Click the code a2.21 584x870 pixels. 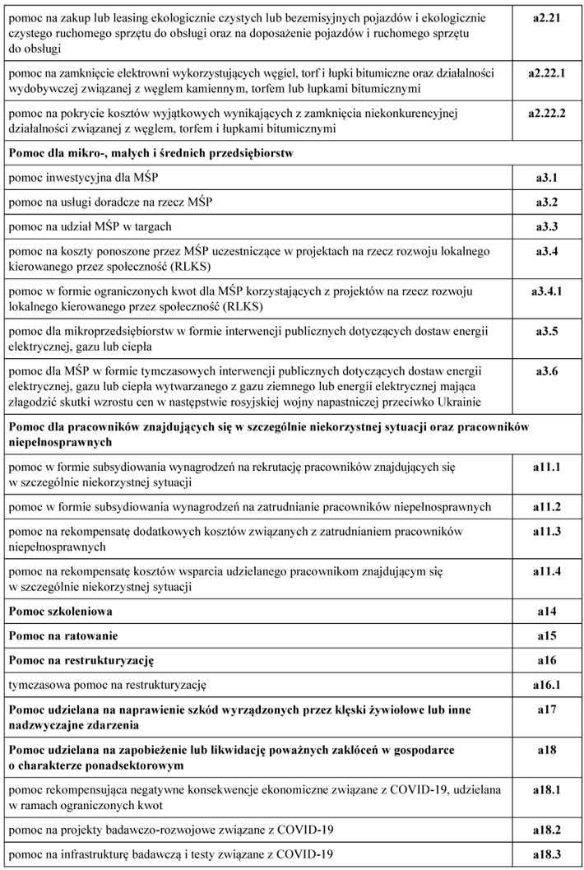pos(547,16)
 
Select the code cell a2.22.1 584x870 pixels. pos(547,72)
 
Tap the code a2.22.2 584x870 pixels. pos(547,113)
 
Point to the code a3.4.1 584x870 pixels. pos(547,291)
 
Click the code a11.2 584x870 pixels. pos(547,506)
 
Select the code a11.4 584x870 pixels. pos(547,570)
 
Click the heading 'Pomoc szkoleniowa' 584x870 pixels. pos(60,612)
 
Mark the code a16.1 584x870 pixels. pos(547,684)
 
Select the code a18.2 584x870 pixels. pos(547,828)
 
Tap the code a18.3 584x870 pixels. pos(547,853)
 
